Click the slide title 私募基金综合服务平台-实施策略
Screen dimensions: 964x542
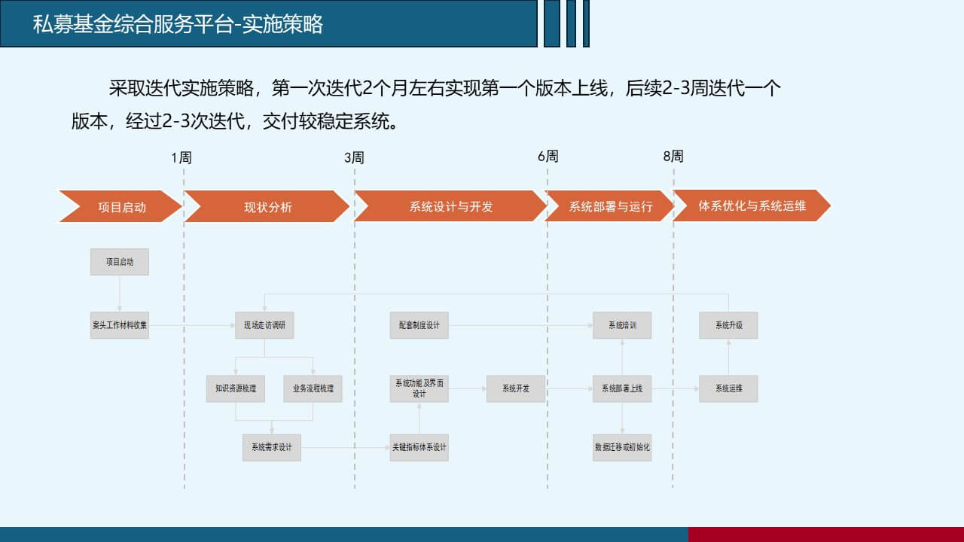pos(178,24)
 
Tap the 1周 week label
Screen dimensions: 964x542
pos(182,158)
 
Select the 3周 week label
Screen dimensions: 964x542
pos(354,158)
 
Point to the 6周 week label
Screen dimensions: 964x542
pos(548,157)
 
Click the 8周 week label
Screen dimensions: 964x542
pos(673,157)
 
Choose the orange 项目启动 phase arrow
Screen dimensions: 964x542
pos(120,206)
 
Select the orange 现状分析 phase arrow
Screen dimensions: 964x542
pos(267,206)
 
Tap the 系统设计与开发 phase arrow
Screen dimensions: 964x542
pos(450,206)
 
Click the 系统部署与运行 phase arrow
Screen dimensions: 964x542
pos(609,206)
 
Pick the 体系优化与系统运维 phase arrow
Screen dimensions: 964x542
pos(752,206)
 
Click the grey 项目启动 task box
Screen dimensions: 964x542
pos(120,262)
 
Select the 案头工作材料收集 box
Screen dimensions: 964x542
pos(120,325)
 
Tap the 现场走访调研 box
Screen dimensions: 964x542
pos(264,325)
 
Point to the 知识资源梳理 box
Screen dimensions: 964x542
pos(236,389)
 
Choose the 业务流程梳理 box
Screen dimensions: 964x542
pos(313,389)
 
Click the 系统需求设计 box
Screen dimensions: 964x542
pos(272,448)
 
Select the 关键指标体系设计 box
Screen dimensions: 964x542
pos(419,448)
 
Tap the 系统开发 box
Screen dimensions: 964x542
pos(516,389)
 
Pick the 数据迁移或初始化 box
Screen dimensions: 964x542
pos(622,448)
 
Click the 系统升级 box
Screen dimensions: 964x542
pos(728,325)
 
